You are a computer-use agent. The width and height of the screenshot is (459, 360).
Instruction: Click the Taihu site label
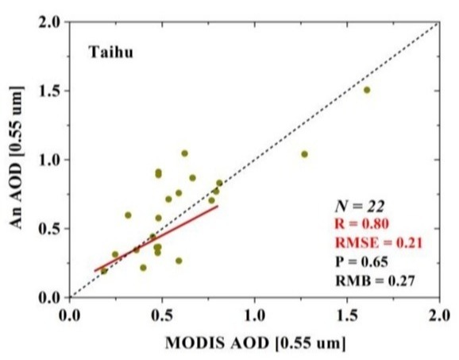(111, 52)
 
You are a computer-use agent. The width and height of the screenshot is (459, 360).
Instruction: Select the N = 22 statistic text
(360, 207)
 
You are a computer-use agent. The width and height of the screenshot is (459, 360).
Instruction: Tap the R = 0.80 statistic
(361, 224)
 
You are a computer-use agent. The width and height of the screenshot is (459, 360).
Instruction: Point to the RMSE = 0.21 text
(379, 243)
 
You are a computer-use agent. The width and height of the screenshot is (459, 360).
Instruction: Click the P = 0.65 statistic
(361, 261)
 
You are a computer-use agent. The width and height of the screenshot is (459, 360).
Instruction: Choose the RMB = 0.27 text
(375, 281)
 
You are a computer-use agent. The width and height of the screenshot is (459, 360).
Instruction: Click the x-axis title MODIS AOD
(256, 343)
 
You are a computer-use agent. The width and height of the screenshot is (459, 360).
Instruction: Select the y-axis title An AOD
(16, 157)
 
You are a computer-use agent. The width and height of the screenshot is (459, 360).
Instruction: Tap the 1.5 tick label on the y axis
(51, 91)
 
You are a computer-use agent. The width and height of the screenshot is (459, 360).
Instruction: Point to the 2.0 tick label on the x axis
(439, 316)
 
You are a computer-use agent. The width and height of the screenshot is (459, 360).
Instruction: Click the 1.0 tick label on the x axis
(255, 316)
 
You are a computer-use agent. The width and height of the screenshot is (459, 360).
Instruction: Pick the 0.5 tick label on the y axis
(51, 229)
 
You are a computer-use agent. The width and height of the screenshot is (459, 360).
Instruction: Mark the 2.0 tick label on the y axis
(51, 22)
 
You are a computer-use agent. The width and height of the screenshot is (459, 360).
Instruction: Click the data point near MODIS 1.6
(367, 90)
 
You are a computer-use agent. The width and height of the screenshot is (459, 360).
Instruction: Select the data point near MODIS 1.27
(304, 154)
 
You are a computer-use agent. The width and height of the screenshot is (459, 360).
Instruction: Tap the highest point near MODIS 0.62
(184, 153)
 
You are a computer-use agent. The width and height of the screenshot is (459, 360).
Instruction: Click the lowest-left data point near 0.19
(104, 271)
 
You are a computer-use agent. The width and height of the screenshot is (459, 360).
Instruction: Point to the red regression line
(156, 238)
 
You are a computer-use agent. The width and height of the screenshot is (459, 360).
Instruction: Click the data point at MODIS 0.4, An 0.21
(143, 268)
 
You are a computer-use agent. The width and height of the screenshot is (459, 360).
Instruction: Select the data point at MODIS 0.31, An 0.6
(128, 215)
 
